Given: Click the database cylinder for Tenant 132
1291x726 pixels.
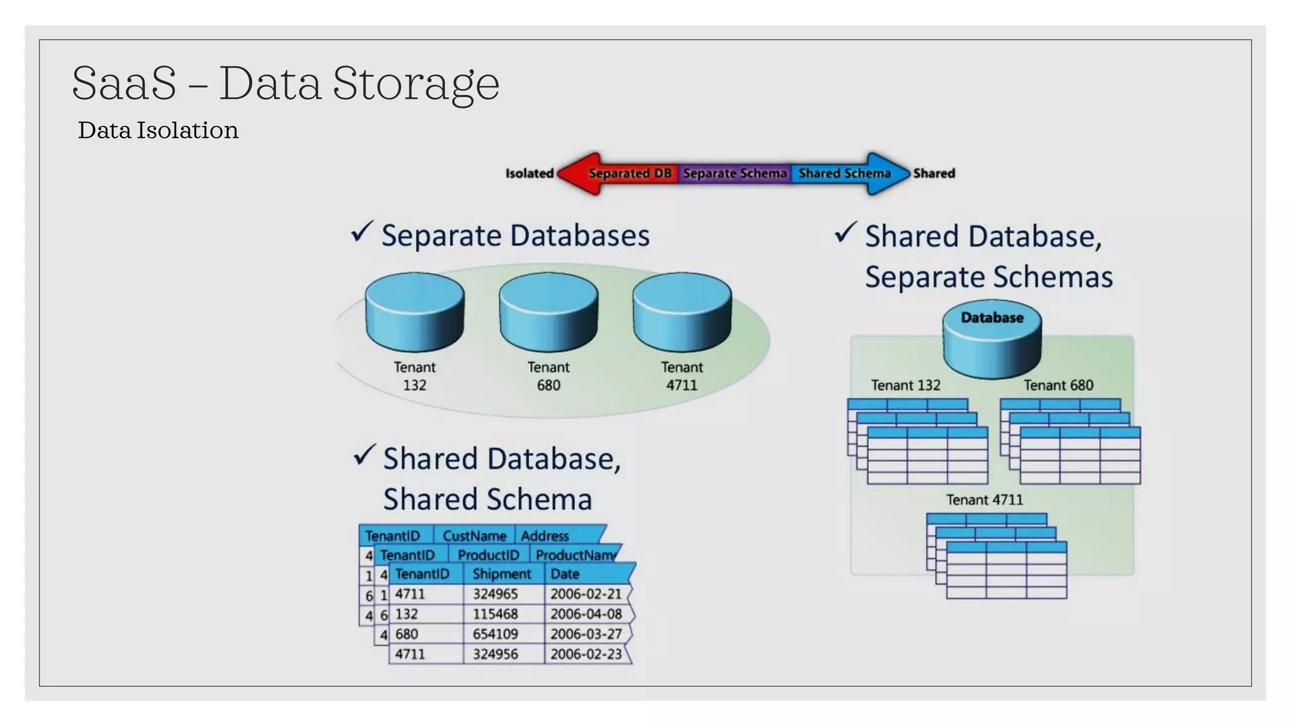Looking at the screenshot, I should pos(415,312).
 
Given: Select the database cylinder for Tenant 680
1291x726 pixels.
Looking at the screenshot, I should pos(548,312).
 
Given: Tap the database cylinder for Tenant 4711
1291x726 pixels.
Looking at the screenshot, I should pos(682,312).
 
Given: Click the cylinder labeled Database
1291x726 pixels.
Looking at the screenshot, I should pos(992,341).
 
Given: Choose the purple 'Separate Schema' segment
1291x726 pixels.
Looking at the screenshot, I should pos(734,173).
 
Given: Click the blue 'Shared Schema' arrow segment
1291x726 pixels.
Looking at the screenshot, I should pos(845,173).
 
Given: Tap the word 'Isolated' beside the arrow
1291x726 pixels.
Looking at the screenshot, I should pos(529,173).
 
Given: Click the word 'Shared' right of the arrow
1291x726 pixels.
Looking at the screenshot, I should pos(934,173).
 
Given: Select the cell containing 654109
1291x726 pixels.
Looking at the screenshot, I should pos(495,634).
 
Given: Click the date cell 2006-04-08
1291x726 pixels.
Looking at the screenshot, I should pos(586,614).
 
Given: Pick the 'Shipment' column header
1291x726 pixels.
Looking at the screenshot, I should pos(502,574).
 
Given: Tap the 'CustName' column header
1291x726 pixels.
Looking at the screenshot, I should pos(474,536).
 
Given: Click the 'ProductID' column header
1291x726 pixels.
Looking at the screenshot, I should pos(488,555).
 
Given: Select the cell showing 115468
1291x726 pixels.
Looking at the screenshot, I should pos(495,614).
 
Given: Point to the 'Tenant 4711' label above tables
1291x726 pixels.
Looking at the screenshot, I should pos(984,500).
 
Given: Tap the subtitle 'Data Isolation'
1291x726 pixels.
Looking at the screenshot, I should pos(158,130).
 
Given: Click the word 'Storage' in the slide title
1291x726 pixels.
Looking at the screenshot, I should pos(416,83).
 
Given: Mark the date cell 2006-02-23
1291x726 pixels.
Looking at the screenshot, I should pos(586,654).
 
